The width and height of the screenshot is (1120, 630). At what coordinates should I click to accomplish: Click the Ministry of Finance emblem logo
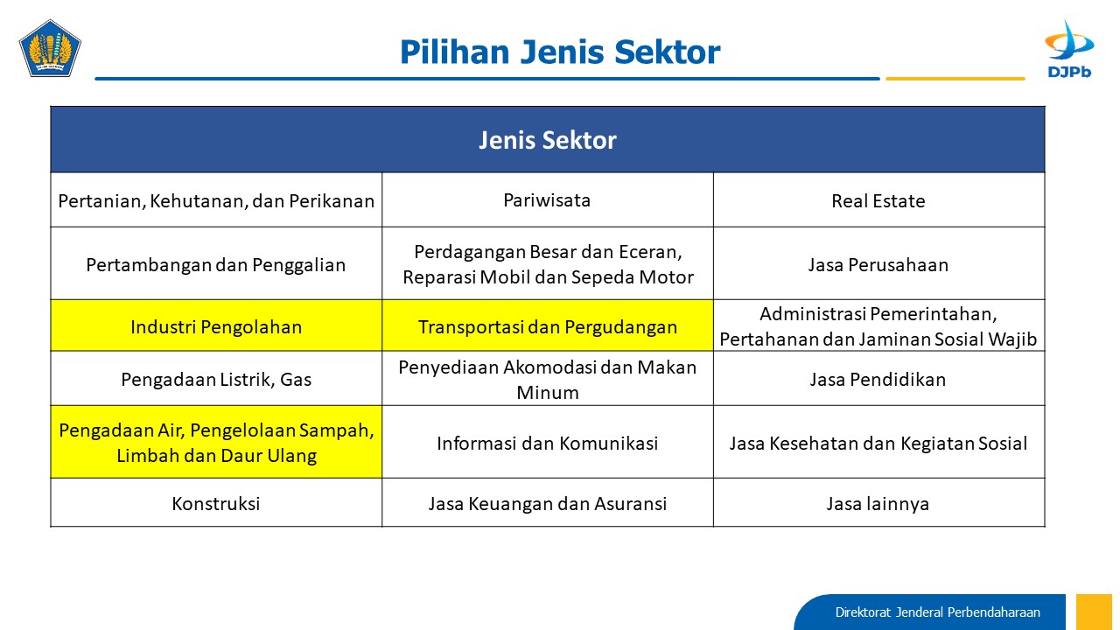pos(50,48)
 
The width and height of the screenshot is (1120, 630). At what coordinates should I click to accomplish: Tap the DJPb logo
pos(1069,49)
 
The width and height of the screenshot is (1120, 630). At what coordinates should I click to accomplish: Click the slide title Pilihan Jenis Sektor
pos(560,52)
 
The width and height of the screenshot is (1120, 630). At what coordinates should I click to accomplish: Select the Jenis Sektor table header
pos(548,139)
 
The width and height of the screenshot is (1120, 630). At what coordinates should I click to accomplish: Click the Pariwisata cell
pos(548,200)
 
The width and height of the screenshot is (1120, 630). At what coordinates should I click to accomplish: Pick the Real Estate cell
pos(879,200)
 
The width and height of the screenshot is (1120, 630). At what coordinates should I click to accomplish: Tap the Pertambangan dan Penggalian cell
pos(216,264)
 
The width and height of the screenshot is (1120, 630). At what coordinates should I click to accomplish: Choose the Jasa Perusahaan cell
pos(879,264)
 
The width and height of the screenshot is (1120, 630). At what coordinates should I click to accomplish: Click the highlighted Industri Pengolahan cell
pos(216,326)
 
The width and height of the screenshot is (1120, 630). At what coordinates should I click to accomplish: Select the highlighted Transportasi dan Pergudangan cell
pos(548,326)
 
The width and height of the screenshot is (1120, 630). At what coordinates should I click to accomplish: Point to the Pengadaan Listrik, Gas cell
pos(216,379)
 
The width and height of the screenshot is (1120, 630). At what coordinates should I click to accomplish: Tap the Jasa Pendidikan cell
pos(879,379)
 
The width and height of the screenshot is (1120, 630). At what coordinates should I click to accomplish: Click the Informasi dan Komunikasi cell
pos(548,443)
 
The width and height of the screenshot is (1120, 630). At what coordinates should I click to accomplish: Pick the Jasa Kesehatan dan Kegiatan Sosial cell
pos(879,443)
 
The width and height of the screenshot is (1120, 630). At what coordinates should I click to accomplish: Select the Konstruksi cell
pos(216,503)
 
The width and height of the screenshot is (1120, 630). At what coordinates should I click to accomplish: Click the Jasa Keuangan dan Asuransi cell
pos(548,503)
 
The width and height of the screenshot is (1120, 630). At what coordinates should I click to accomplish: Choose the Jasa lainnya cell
pos(879,503)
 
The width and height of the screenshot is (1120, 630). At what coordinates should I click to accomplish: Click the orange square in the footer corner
pos(1094,612)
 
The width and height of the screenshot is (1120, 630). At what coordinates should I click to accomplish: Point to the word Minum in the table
pos(548,393)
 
